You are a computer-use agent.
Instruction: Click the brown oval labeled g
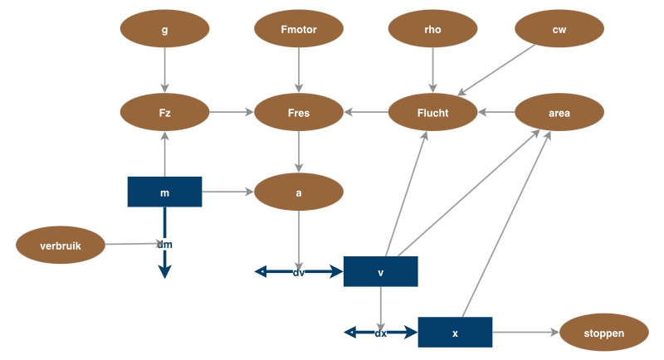(164, 30)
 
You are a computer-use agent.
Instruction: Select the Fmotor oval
(298, 30)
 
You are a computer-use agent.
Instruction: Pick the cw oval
(559, 30)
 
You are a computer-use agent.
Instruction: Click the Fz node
(164, 113)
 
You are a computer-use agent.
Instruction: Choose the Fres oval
(298, 113)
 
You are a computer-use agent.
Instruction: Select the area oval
(559, 113)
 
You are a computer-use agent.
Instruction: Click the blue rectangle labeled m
(164, 192)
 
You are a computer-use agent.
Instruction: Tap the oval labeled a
(298, 192)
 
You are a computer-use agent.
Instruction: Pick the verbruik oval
(61, 245)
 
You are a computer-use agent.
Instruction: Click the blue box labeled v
(380, 271)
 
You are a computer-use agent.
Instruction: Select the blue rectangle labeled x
(455, 332)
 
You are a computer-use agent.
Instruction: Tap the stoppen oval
(603, 333)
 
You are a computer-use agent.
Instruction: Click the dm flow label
(164, 245)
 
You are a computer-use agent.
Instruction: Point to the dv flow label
(299, 271)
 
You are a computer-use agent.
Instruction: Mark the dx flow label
(381, 333)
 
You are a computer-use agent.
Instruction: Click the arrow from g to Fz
(164, 70)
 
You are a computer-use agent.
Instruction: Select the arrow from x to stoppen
(525, 332)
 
